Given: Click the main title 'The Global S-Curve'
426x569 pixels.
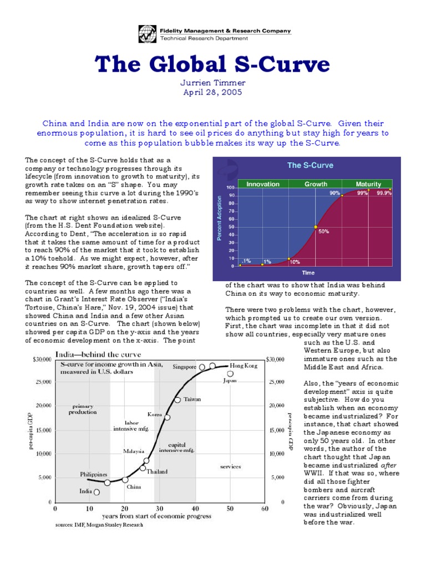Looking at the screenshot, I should [213, 65].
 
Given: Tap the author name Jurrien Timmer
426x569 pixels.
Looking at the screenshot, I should [213, 83].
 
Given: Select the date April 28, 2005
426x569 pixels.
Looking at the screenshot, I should [213, 93].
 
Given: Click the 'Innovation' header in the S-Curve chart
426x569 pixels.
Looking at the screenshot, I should [262, 184].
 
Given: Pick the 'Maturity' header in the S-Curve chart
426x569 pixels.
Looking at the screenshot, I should [368, 184].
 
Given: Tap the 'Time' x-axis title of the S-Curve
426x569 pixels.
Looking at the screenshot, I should [308, 273].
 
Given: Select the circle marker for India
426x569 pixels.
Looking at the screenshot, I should [97, 492].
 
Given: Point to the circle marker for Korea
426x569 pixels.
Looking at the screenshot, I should [167, 417].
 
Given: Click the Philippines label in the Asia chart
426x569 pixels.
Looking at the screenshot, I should [93, 475].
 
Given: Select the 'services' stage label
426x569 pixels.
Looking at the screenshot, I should [230, 467].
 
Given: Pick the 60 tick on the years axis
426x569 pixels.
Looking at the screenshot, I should [265, 508].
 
